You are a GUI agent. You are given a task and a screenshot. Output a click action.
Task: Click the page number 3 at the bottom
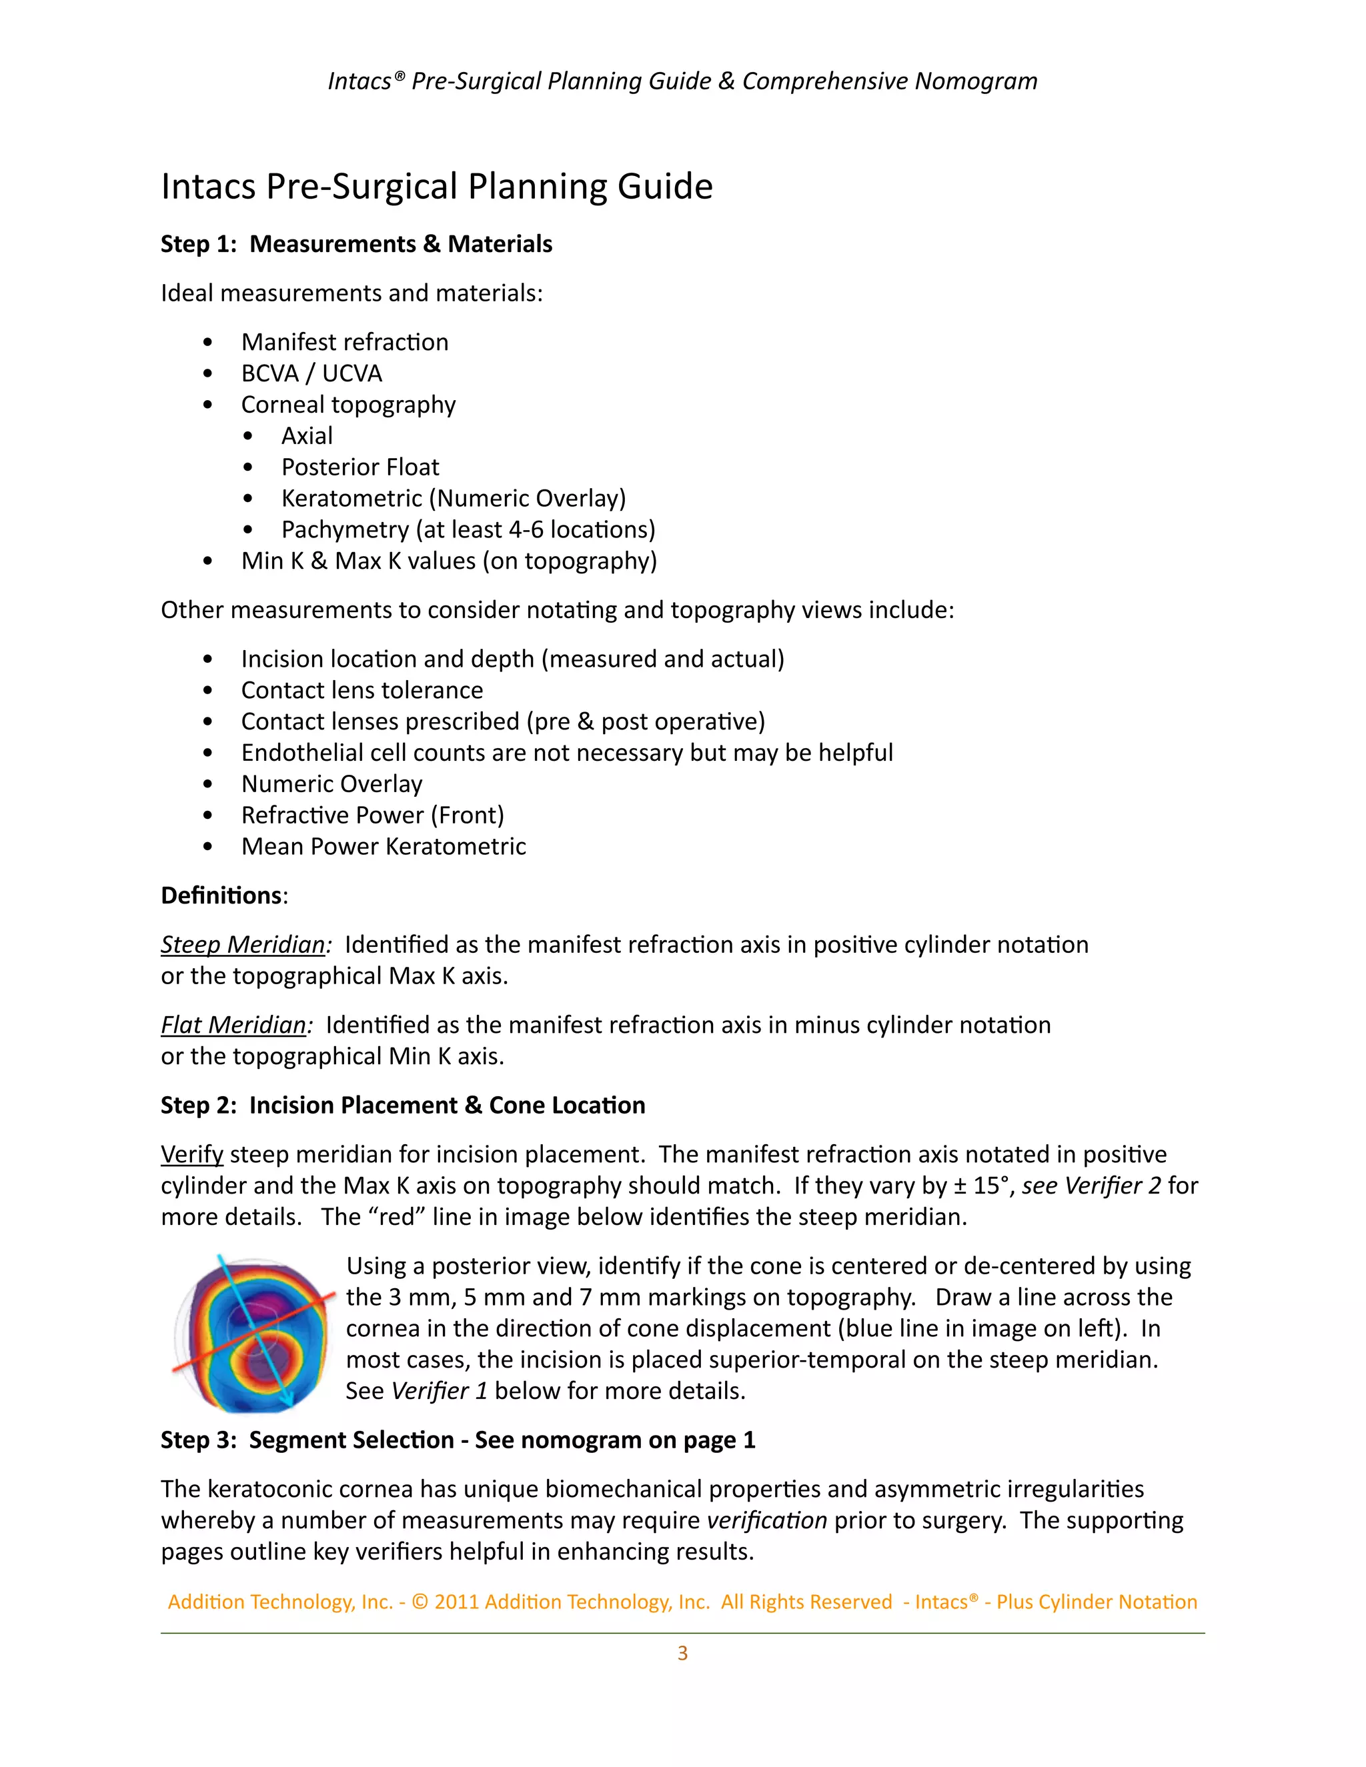(x=682, y=1653)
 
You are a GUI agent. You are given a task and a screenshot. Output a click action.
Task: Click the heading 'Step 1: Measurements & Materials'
(x=356, y=243)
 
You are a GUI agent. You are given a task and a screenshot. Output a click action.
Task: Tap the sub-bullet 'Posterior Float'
(x=360, y=467)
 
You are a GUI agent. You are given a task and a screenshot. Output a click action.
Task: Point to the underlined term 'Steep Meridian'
(x=243, y=944)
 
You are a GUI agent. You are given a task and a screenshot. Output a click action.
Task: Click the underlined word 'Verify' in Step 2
(x=192, y=1154)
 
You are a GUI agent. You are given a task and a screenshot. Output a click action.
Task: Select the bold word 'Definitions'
(x=221, y=895)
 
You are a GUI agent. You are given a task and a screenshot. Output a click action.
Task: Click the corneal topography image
(x=253, y=1335)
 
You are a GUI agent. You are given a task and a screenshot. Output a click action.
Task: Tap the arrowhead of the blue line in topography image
(x=289, y=1402)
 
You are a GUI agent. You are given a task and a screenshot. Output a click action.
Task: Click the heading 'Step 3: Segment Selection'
(x=457, y=1440)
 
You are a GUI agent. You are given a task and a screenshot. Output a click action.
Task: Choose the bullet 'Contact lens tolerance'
(x=362, y=690)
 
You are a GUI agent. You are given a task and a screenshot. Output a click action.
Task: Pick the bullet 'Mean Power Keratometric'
(x=384, y=846)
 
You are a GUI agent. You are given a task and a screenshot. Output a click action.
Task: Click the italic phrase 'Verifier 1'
(x=440, y=1391)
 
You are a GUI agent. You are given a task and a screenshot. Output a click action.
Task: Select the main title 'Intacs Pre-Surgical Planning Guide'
(x=437, y=186)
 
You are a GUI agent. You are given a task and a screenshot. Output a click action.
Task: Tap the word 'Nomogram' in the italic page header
(x=976, y=81)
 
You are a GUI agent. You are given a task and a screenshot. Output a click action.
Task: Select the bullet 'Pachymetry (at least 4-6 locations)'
(x=468, y=529)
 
